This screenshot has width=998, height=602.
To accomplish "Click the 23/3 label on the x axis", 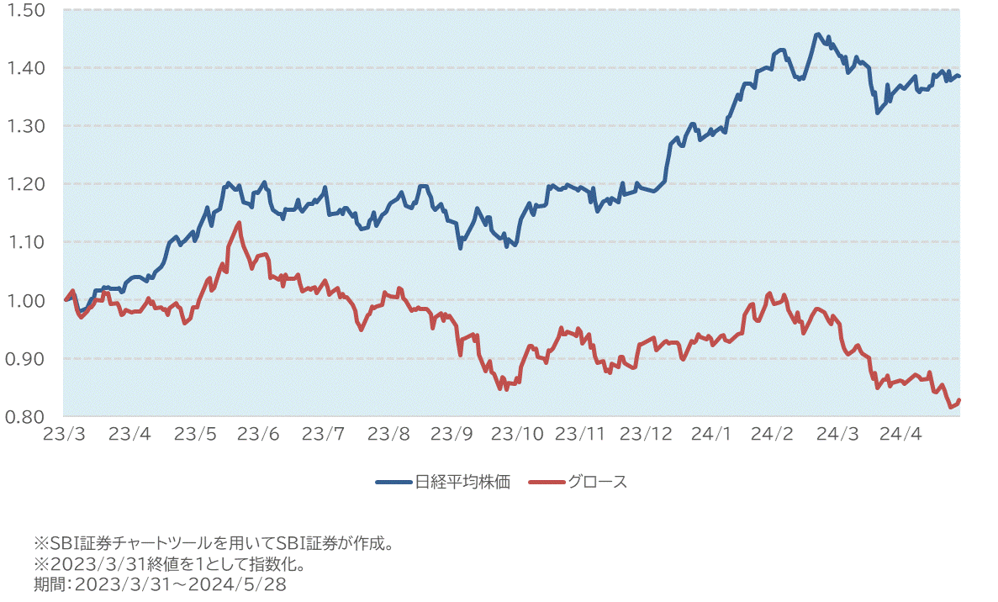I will pos(64,434).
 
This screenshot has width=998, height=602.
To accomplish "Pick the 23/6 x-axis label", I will pos(258,434).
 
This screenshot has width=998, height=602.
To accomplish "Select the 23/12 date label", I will pos(646,434).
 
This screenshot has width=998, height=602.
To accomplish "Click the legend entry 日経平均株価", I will pos(462,482).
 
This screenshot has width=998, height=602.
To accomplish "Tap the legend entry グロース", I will pos(597,482).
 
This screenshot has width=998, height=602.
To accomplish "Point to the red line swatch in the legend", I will pos(547,482).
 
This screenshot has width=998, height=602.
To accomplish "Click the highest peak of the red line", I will pos(240,223).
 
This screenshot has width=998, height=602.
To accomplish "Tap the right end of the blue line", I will pos(959,77).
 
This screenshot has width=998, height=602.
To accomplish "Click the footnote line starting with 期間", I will pos(160,584).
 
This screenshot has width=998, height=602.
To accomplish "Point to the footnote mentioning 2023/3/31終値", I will pos(168,563).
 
